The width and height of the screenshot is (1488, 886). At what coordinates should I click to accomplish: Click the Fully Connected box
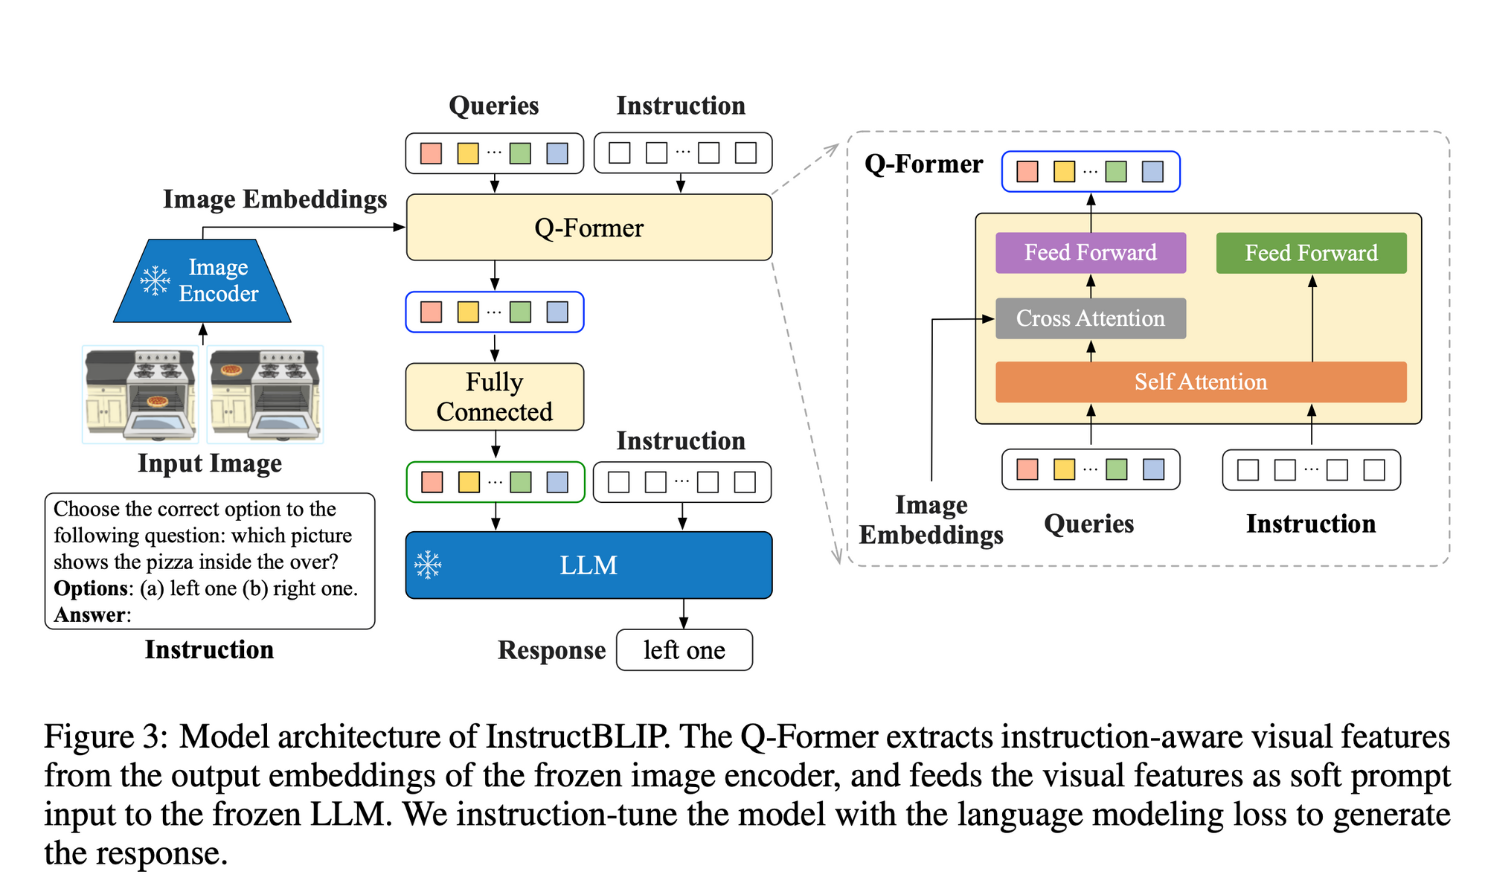(x=494, y=397)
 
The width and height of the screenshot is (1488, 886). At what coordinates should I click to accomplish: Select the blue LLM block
(x=589, y=565)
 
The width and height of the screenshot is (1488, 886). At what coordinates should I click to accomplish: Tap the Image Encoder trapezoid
(x=202, y=280)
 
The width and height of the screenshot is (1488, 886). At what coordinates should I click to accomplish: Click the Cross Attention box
(x=1091, y=318)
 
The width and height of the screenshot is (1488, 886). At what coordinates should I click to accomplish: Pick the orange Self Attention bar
(x=1201, y=382)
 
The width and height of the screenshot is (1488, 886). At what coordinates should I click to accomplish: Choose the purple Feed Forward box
(x=1091, y=253)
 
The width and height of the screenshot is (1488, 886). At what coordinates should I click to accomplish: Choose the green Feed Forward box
(x=1311, y=253)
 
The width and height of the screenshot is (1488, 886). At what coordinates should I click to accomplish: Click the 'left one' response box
(x=684, y=650)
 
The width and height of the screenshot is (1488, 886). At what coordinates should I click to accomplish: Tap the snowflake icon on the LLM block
(x=429, y=565)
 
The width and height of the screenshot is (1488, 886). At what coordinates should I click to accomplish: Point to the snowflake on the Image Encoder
(x=155, y=280)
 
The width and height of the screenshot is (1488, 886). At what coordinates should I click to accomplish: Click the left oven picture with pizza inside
(x=140, y=394)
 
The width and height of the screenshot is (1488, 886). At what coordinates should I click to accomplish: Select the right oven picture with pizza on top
(x=266, y=394)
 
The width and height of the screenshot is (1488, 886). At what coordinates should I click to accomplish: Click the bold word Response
(x=551, y=650)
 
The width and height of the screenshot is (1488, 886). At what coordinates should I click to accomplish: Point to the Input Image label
(x=210, y=463)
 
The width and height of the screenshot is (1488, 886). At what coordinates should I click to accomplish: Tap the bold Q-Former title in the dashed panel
(x=923, y=164)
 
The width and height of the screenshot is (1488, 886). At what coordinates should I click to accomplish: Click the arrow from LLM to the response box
(x=684, y=614)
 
